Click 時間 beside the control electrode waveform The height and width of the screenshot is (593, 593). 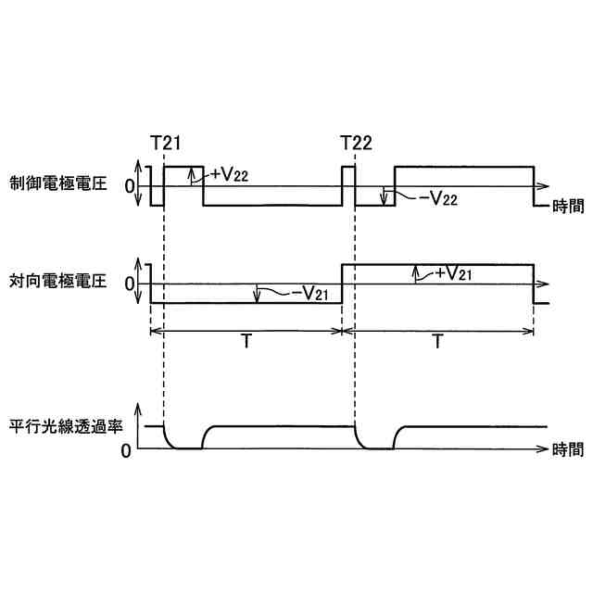point(567,206)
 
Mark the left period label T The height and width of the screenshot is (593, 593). point(246,342)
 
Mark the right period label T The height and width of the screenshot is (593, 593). point(436,342)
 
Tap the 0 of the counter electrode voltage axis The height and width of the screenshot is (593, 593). point(129,283)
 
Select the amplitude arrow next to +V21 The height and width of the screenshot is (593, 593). point(415,274)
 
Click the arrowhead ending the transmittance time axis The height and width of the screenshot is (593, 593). point(544,448)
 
